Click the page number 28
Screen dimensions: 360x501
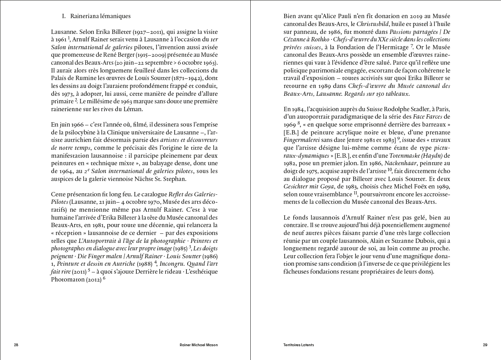click(16, 345)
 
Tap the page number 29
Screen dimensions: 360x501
click(485, 345)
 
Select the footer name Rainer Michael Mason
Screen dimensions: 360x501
click(198, 345)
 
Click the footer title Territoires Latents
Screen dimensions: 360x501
click(298, 345)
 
